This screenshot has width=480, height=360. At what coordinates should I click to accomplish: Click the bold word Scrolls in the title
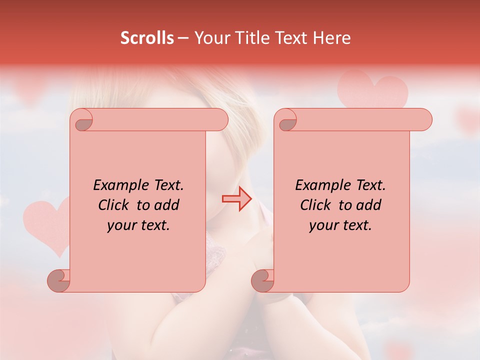(147, 37)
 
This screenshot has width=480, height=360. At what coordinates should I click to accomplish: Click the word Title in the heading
(253, 37)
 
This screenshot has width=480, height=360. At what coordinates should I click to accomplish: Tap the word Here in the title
(331, 37)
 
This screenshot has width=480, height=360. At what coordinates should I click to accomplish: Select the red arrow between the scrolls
(237, 199)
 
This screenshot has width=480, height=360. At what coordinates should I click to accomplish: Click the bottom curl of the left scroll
(59, 280)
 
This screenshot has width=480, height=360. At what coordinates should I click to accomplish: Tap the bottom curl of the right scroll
(262, 280)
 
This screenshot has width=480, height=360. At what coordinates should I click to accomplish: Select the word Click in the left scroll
(113, 205)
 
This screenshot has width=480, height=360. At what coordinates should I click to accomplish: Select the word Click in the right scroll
(315, 205)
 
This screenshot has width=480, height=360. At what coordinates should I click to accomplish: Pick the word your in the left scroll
(120, 225)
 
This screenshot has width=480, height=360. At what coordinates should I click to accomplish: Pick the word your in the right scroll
(322, 225)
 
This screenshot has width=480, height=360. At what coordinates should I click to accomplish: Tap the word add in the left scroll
(167, 205)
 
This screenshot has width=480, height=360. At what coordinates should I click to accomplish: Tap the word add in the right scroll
(369, 205)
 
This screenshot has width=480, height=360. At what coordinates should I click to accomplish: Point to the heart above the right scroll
(372, 90)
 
